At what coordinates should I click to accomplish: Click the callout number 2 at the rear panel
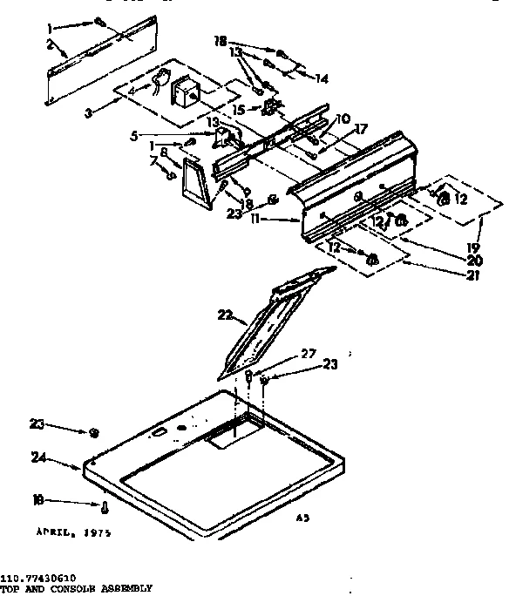coord(51,44)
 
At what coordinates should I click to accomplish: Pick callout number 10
coord(343,119)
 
